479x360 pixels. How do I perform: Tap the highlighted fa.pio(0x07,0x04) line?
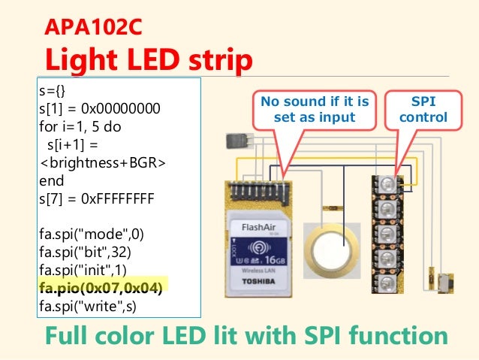coord(103,286)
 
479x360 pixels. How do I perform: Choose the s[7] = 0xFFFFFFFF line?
coord(97,199)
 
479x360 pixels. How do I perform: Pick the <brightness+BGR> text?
coord(104,162)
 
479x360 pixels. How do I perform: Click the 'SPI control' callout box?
coord(423,109)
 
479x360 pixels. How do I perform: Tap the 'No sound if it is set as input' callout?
coord(315,109)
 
